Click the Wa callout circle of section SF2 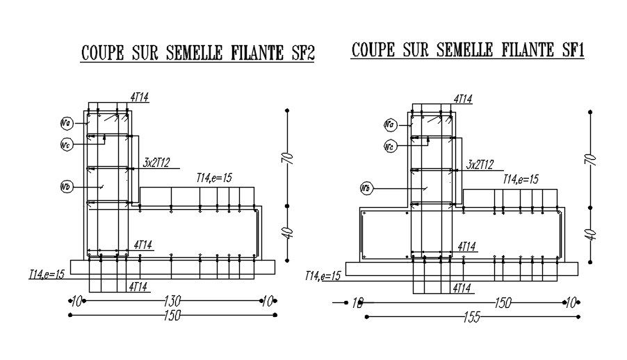(67, 124)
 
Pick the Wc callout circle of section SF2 (67, 145)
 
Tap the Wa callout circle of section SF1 (390, 124)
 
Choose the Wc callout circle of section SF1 (390, 146)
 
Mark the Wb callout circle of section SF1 (366, 188)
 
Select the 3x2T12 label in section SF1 (480, 164)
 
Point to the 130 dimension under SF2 (172, 301)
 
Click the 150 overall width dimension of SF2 (172, 316)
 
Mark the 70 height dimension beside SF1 (592, 159)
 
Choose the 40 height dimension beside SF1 (592, 234)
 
